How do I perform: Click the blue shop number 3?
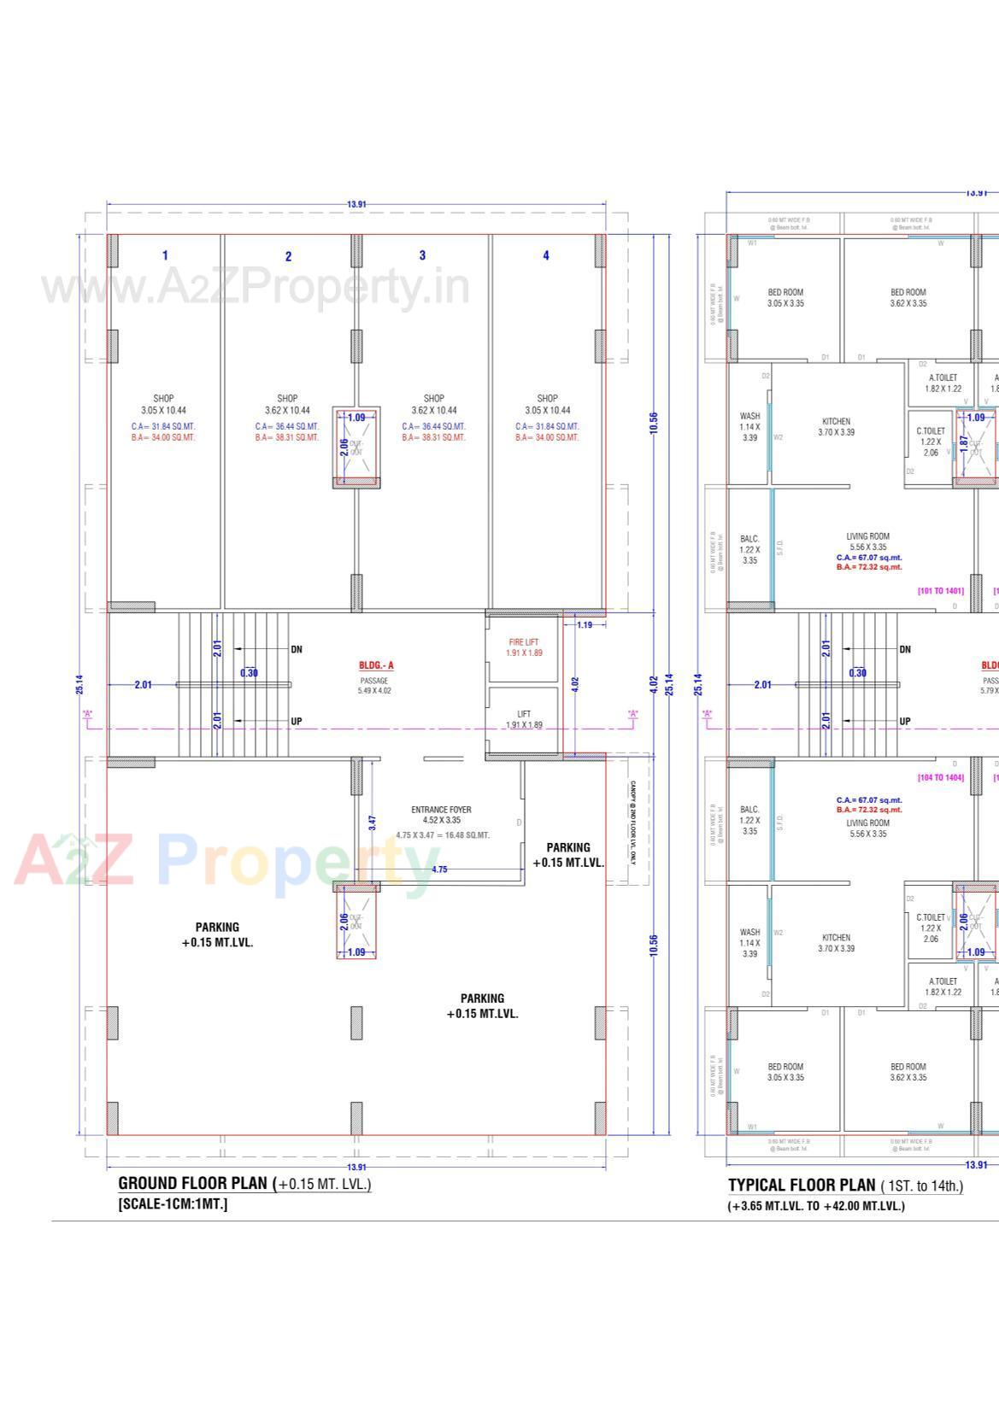[422, 255]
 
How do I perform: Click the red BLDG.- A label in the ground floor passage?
[376, 665]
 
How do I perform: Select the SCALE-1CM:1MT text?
[173, 1204]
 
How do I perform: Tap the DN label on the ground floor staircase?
[297, 649]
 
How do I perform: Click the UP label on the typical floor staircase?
[905, 722]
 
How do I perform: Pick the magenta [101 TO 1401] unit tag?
[940, 591]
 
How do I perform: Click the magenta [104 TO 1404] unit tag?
[940, 777]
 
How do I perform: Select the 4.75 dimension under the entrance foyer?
[439, 869]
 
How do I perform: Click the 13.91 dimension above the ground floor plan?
[356, 204]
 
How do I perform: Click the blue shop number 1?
[165, 255]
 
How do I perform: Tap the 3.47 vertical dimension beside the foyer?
[372, 823]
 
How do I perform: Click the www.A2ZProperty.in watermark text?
[256, 287]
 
